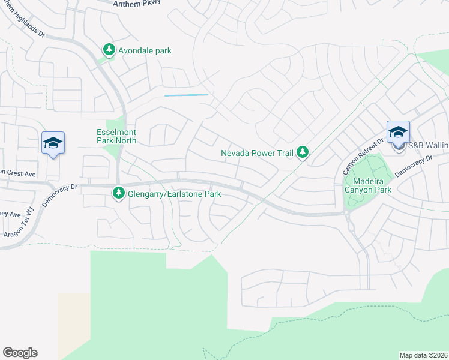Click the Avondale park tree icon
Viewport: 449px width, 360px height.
(x=109, y=50)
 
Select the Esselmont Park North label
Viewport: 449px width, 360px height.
(x=116, y=136)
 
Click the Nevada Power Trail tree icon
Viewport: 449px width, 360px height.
(x=303, y=153)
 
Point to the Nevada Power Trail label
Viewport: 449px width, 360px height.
(x=256, y=153)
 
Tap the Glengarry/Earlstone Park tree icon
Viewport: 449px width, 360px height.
(x=119, y=193)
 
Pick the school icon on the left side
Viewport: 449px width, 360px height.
(x=53, y=143)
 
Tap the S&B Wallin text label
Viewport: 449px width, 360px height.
(x=428, y=145)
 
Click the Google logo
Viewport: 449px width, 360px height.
(x=20, y=353)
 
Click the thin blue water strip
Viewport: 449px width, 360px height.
(x=186, y=95)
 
